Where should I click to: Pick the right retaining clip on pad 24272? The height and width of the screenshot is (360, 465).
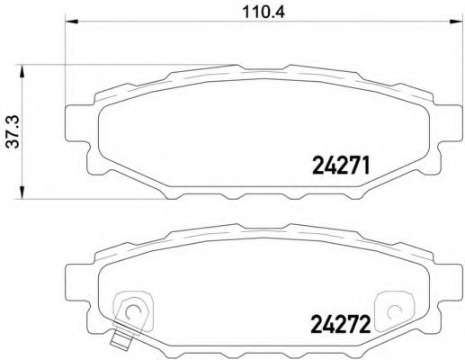pos(393,310)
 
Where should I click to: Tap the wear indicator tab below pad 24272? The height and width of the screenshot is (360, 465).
pos(120,342)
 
